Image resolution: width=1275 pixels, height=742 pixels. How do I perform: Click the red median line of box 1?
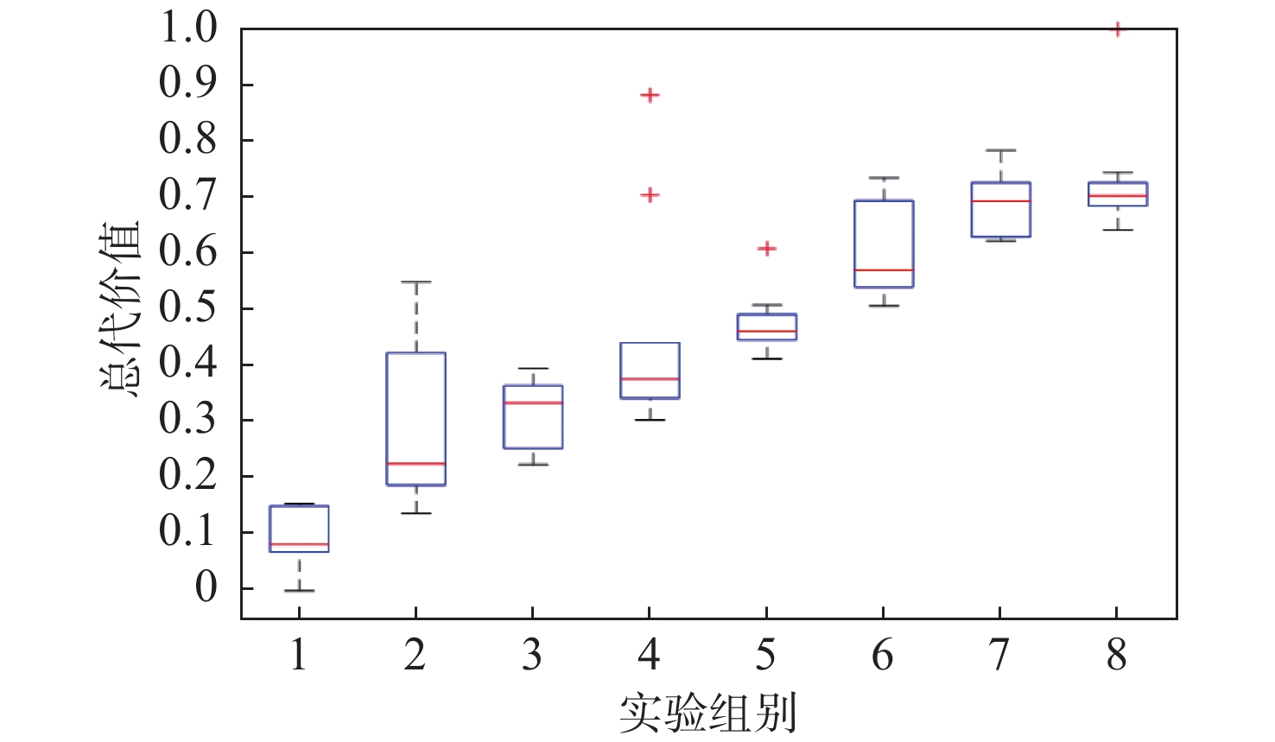coord(299,544)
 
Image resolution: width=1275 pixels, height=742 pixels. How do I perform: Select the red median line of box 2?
coord(415,464)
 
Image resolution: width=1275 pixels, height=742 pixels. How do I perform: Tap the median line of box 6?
coord(883,270)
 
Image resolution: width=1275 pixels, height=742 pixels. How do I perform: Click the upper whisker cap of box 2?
coord(415,282)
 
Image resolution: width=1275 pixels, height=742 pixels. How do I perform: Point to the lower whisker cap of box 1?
coord(299,590)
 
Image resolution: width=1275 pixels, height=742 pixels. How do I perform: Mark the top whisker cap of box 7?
coord(1000,150)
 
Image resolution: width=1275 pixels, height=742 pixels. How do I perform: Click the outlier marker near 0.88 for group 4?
coord(650,95)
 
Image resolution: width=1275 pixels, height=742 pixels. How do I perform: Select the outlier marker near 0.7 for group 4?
coord(650,195)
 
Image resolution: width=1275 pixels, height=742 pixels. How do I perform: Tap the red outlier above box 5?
coord(766,249)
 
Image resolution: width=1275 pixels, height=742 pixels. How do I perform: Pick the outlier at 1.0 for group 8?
coord(1117,30)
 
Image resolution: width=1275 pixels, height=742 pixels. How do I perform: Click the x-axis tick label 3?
coord(532,655)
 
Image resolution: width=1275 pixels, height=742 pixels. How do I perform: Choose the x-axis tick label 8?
coord(1117,655)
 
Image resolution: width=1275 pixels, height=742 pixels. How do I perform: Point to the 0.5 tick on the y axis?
coord(187,308)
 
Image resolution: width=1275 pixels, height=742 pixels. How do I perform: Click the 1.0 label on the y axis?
coord(187,28)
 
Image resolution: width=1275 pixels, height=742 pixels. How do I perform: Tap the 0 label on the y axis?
coord(206,587)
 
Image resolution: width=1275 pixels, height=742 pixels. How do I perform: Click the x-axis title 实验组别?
coord(707,713)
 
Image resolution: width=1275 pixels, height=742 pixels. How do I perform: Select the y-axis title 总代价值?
coord(120,308)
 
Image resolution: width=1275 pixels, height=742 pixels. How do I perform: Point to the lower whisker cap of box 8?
coord(1117,230)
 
